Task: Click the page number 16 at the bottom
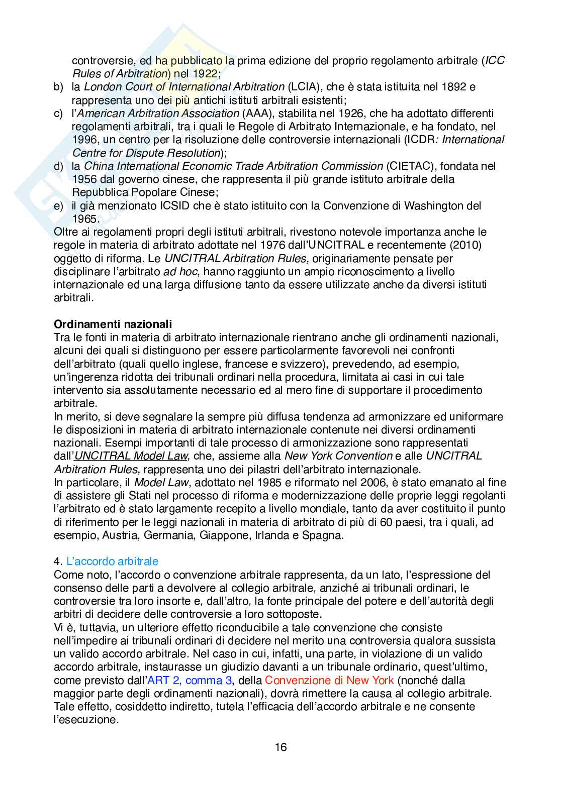pos(280,747)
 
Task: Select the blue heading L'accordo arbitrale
pos(113,561)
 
